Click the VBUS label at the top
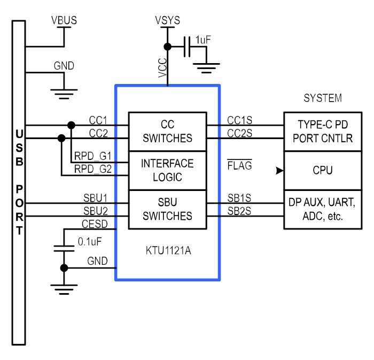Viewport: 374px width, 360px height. click(64, 20)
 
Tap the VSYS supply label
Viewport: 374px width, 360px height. click(167, 20)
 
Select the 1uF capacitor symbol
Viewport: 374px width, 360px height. click(187, 47)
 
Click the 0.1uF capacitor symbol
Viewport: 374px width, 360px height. click(64, 248)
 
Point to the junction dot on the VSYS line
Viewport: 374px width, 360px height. click(168, 47)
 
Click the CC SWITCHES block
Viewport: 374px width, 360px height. click(167, 132)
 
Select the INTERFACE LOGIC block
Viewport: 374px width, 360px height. click(167, 171)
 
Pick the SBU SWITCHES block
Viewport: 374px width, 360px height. click(167, 210)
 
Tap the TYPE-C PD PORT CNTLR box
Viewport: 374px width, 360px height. click(323, 132)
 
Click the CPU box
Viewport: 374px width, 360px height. click(323, 171)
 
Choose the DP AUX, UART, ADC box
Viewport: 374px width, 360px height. click(323, 210)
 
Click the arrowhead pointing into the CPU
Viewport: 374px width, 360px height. click(280, 171)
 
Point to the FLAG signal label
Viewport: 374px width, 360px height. click(239, 165)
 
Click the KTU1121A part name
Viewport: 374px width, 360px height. click(168, 251)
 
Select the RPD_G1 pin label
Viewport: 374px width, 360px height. click(93, 156)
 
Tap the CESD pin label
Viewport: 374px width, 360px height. click(95, 224)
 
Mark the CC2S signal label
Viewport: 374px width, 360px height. click(239, 133)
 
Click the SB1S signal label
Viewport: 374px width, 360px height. click(239, 198)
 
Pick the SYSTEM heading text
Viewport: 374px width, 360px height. click(323, 98)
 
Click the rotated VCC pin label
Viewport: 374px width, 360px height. click(162, 68)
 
